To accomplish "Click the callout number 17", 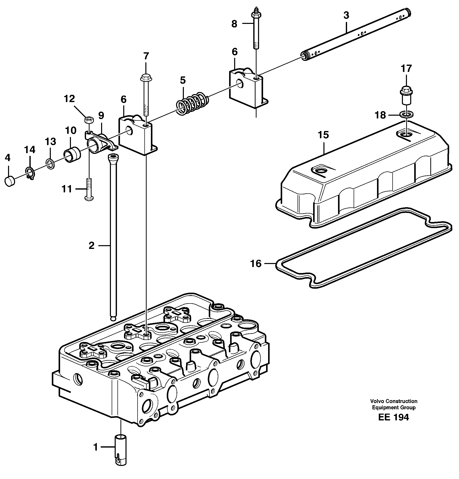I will [x=406, y=68].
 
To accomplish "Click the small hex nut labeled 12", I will [x=88, y=120].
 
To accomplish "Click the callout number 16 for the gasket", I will [x=256, y=264].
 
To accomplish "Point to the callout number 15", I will [x=323, y=135].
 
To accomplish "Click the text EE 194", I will [x=393, y=417].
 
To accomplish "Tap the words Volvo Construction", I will [x=393, y=401].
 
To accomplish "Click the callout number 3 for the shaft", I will [x=346, y=15].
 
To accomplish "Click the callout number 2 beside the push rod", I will [x=91, y=246].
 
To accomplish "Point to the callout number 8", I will [x=234, y=24].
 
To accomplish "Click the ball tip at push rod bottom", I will [x=113, y=318].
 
